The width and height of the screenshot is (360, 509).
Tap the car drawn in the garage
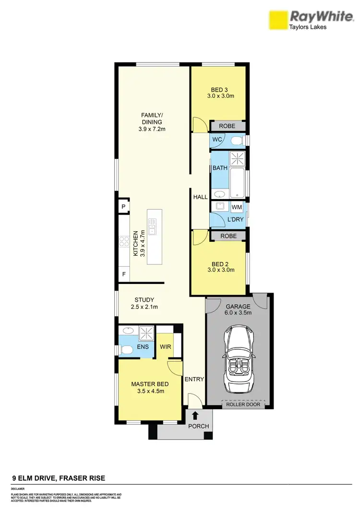click(239, 355)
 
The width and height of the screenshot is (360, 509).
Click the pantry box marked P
click(123, 207)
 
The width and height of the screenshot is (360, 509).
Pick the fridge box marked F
click(123, 274)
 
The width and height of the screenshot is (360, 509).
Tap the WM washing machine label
click(237, 207)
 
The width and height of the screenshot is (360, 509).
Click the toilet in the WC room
click(236, 140)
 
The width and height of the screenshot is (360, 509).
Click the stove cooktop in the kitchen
click(122, 241)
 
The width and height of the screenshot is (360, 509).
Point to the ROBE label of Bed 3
click(227, 126)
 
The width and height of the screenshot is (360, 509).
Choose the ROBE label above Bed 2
click(228, 236)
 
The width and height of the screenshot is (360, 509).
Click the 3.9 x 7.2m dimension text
click(152, 129)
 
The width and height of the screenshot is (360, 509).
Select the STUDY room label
click(144, 300)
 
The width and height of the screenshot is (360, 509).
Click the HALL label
click(200, 197)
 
